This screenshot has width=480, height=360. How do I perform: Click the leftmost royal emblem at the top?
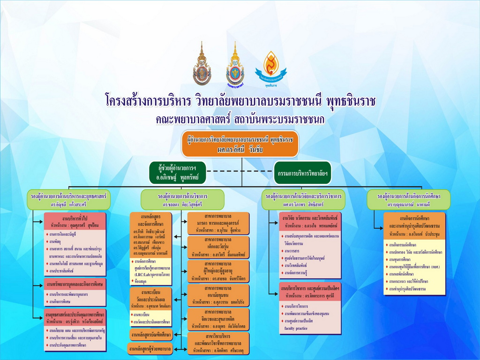(202, 64)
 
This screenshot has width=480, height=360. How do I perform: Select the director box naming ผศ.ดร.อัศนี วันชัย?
(240, 144)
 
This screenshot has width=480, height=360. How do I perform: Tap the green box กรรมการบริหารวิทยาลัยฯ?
(302, 173)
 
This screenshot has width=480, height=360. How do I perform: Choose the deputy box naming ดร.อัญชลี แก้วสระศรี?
(69, 199)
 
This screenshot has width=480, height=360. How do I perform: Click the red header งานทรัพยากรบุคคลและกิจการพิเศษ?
(75, 284)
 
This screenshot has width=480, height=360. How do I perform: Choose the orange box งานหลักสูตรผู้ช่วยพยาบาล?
(150, 348)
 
